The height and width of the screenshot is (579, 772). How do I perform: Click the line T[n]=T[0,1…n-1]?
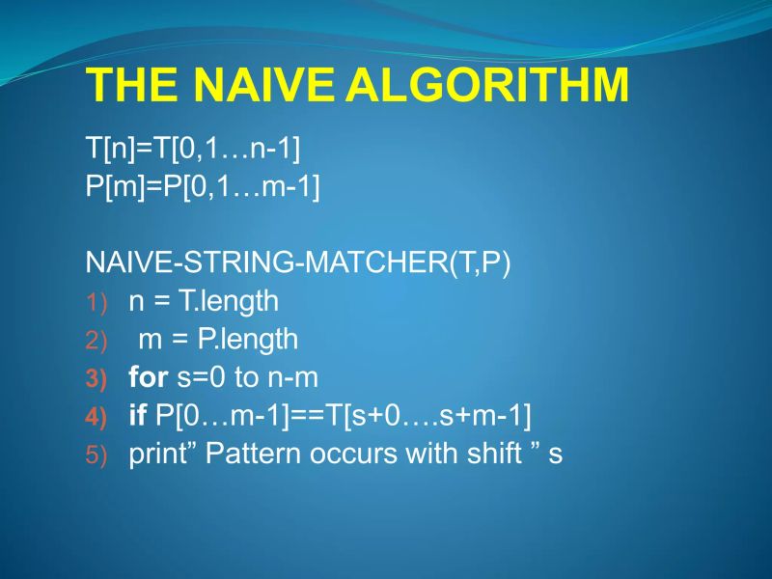[193, 149]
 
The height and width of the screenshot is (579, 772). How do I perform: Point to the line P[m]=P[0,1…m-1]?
[203, 186]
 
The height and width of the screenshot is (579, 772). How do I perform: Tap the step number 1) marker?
[99, 303]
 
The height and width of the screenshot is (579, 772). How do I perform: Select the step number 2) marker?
[99, 341]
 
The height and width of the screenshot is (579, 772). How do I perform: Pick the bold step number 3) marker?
[99, 379]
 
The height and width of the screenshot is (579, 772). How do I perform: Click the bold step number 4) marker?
[99, 418]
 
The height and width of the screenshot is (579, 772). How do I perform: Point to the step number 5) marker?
[99, 455]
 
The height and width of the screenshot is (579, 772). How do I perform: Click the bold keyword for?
[149, 377]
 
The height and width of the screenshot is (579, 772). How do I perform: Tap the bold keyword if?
[137, 416]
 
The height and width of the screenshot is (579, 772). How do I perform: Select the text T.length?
[228, 301]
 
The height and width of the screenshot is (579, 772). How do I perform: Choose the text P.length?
[248, 340]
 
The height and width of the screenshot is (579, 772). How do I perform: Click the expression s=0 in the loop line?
[200, 377]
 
